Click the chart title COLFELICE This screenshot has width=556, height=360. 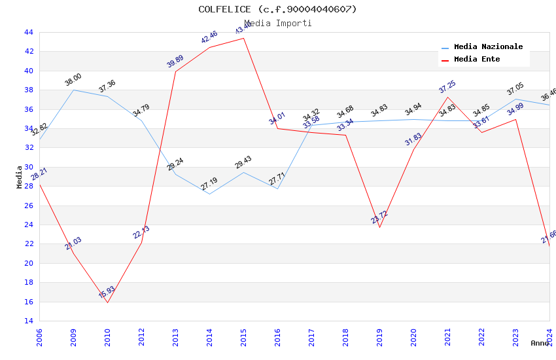pos(277,9)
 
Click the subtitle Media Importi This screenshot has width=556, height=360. pos(278,24)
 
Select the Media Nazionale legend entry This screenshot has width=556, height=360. pos(488,47)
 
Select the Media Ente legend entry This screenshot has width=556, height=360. pos(476,60)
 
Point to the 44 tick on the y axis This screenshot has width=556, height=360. pos(28,32)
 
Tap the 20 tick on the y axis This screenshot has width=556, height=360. pos(28,263)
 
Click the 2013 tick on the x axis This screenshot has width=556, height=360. pos(175,337)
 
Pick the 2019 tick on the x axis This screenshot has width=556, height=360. pos(379,337)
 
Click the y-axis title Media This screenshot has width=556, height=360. pos(20,177)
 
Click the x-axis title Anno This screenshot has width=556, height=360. pos(540,343)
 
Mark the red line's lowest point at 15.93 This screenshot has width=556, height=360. pos(107,302)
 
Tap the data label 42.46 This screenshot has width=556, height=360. pos(209,37)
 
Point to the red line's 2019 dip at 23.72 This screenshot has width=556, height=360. pos(379,227)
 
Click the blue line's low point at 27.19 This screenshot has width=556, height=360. pos(209,194)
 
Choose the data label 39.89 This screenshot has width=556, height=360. pos(175,62)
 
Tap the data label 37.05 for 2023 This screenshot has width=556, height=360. pos(515,90)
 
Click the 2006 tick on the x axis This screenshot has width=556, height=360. pos(39,337)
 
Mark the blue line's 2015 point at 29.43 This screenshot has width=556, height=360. pos(243,172)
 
